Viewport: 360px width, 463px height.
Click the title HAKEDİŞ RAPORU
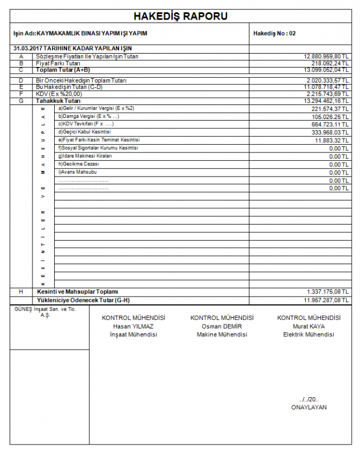pyautogui.click(x=180, y=16)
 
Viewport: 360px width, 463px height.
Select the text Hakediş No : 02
pyautogui.click(x=274, y=34)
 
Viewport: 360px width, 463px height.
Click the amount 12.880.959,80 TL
pyautogui.click(x=326, y=57)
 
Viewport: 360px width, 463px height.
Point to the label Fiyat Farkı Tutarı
pyautogui.click(x=58, y=64)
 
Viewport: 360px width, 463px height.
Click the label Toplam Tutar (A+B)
pyautogui.click(x=63, y=70)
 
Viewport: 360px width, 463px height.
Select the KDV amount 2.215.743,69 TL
pyautogui.click(x=328, y=94)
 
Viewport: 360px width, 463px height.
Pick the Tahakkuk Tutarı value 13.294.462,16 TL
pyautogui.click(x=326, y=101)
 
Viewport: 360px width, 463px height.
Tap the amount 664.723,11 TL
pyautogui.click(x=330, y=125)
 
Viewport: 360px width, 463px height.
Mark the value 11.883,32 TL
pyautogui.click(x=331, y=141)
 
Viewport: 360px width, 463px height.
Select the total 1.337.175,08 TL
pyautogui.click(x=328, y=292)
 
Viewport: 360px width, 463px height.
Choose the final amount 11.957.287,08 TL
pyautogui.click(x=326, y=300)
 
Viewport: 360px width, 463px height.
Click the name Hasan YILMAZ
pyautogui.click(x=133, y=326)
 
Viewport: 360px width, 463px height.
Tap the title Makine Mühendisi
pyautogui.click(x=222, y=335)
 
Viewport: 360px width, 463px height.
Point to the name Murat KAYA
pyautogui.click(x=309, y=326)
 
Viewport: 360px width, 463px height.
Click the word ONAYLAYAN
pyautogui.click(x=309, y=407)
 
